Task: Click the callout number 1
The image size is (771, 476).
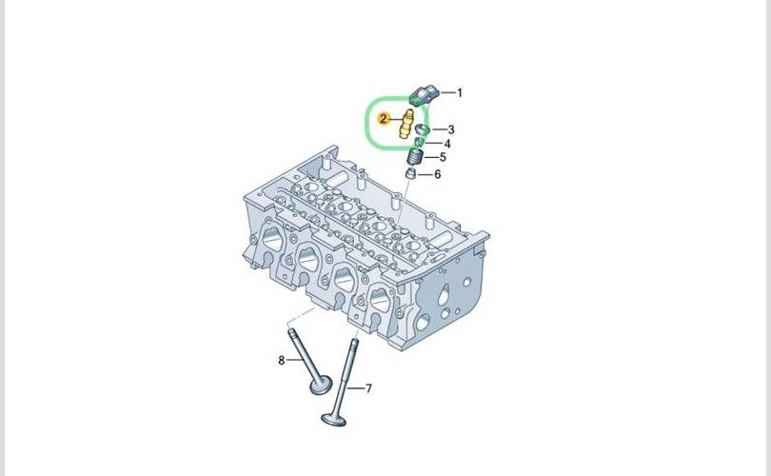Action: [460, 92]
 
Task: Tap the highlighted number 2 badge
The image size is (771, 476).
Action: [383, 118]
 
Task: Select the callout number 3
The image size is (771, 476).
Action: [451, 129]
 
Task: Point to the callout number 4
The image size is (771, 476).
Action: [447, 144]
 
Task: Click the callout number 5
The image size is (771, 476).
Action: [443, 157]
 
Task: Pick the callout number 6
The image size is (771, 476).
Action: [437, 174]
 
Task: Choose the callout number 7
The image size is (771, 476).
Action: [368, 388]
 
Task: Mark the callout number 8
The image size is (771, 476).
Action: [281, 361]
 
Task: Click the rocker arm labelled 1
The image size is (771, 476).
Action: [424, 94]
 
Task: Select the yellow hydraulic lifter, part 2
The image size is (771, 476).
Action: [405, 125]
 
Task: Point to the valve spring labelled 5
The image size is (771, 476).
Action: [417, 158]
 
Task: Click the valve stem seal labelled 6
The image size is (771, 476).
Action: [410, 173]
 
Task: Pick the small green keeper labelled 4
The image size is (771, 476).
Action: [419, 143]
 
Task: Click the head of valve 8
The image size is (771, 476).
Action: [321, 385]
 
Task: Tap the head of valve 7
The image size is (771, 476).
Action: [334, 420]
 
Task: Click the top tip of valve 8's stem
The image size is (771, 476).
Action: [291, 330]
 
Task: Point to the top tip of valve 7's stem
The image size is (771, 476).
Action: [354, 340]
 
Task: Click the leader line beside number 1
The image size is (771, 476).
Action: [447, 92]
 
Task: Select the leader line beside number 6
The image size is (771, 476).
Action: [425, 174]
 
